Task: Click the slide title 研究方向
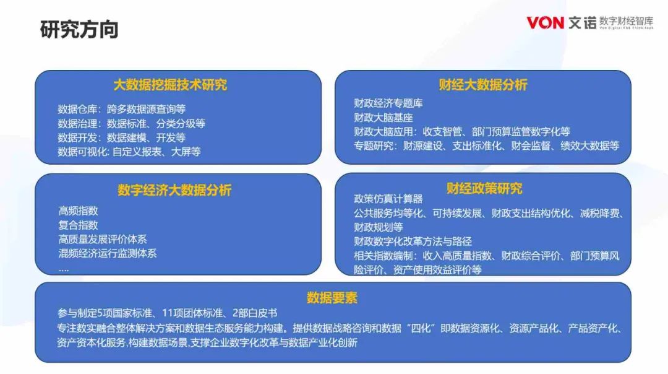point(79,30)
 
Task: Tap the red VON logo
point(545,23)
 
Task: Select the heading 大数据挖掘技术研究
point(170,85)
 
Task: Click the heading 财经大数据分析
point(482,85)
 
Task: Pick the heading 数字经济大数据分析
point(174,189)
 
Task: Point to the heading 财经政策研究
point(484,188)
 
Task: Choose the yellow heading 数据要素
point(332,297)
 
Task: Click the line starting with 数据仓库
point(121,109)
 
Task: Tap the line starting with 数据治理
point(131,124)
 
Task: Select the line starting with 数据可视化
point(129,152)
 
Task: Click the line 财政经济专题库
point(388,103)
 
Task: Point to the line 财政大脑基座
point(383,117)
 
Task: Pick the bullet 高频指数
point(79,211)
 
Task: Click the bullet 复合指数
point(79,225)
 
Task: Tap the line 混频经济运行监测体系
point(108,253)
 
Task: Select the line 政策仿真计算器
point(388,199)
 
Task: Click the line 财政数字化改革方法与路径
point(413,241)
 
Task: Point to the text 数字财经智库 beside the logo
point(626,21)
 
